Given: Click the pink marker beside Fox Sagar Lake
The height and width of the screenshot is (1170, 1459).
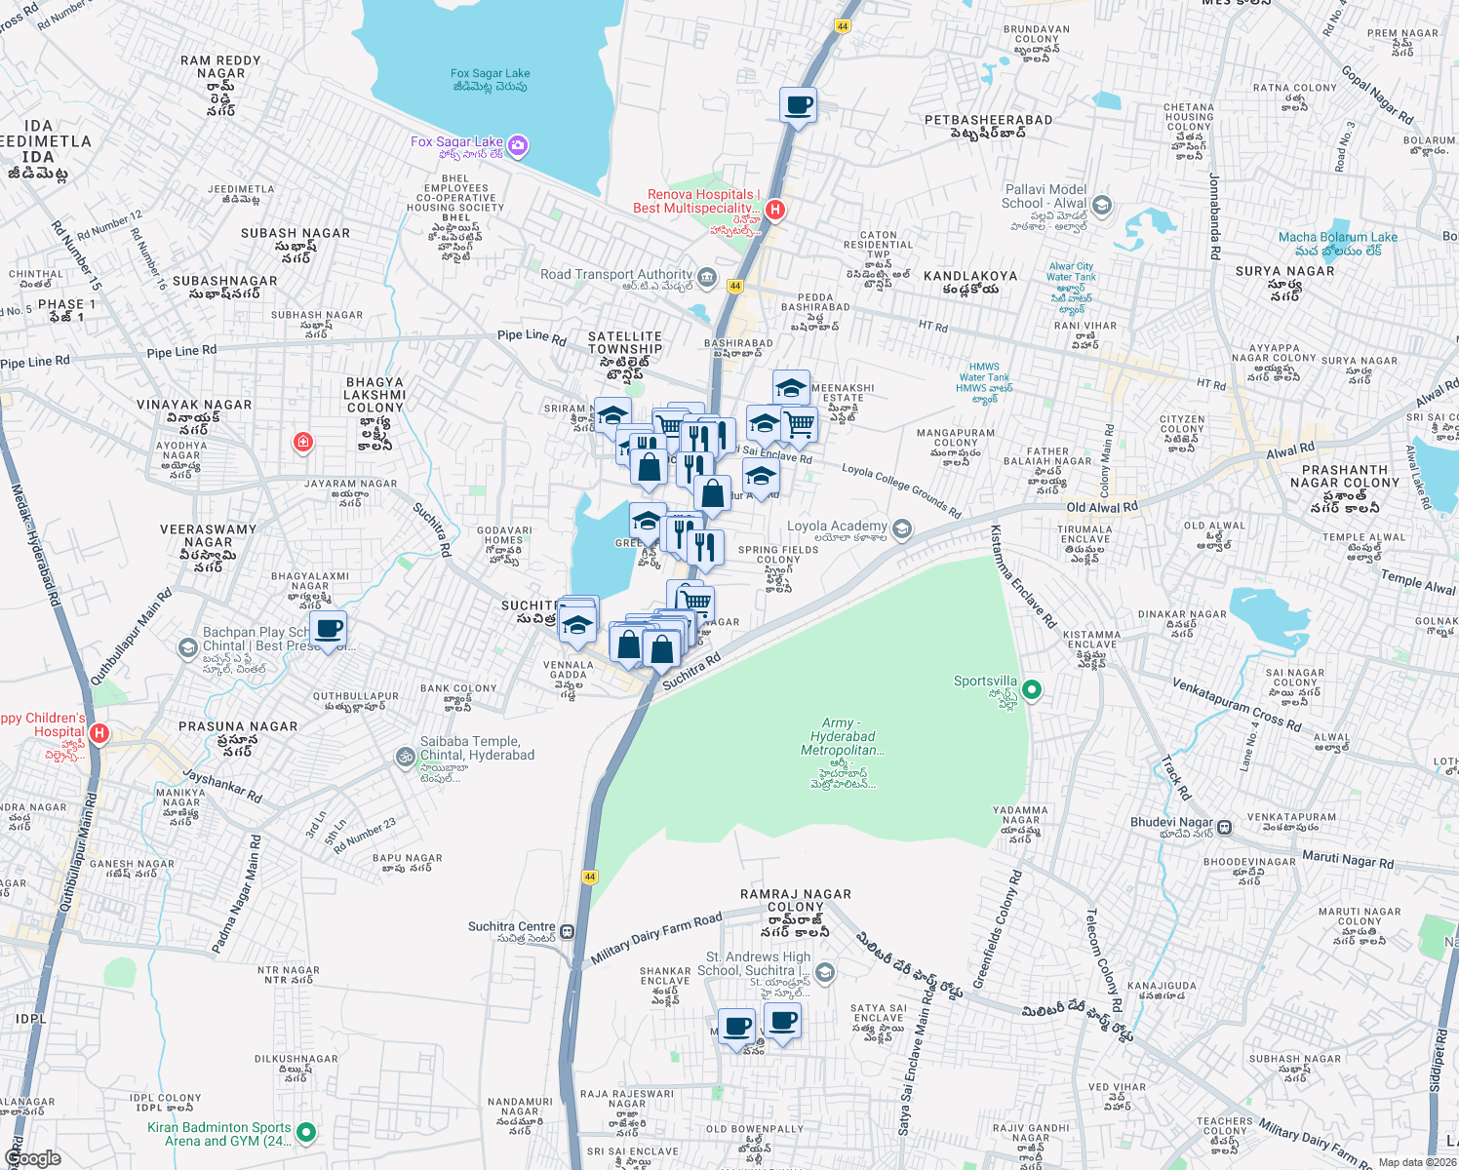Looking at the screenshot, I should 518,146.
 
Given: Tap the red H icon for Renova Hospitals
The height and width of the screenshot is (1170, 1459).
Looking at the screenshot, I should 775,210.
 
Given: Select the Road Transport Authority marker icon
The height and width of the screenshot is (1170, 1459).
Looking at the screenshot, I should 707,277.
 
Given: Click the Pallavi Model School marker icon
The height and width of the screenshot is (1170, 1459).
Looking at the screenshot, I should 1102,205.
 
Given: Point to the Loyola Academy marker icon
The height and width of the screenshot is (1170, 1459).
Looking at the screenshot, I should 902,529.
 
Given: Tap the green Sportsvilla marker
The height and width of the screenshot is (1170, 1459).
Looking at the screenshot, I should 1031,690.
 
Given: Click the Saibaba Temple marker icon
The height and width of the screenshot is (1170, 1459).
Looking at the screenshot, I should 405,757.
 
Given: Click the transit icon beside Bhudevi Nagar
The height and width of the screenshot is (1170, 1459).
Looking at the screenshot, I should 1225,827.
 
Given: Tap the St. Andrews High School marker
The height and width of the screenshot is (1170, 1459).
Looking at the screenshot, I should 825,972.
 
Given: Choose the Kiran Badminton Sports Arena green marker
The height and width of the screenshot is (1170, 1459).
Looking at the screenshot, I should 306,1132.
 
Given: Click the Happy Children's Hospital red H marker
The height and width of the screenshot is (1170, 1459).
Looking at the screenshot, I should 99,732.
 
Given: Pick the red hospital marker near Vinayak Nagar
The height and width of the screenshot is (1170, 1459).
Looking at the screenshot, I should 303,443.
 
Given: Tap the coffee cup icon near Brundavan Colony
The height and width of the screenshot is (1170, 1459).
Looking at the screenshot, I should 798,105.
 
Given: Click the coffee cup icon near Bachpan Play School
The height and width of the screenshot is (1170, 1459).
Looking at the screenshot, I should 329,629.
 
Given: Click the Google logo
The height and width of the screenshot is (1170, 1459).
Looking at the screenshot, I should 32,1158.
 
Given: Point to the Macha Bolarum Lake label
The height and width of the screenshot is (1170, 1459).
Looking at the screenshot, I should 1337,237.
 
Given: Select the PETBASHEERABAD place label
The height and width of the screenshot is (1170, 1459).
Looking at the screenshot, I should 988,120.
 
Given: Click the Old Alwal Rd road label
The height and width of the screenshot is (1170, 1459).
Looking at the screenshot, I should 1101,507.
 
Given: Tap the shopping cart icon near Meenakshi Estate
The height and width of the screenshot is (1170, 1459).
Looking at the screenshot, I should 800,423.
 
